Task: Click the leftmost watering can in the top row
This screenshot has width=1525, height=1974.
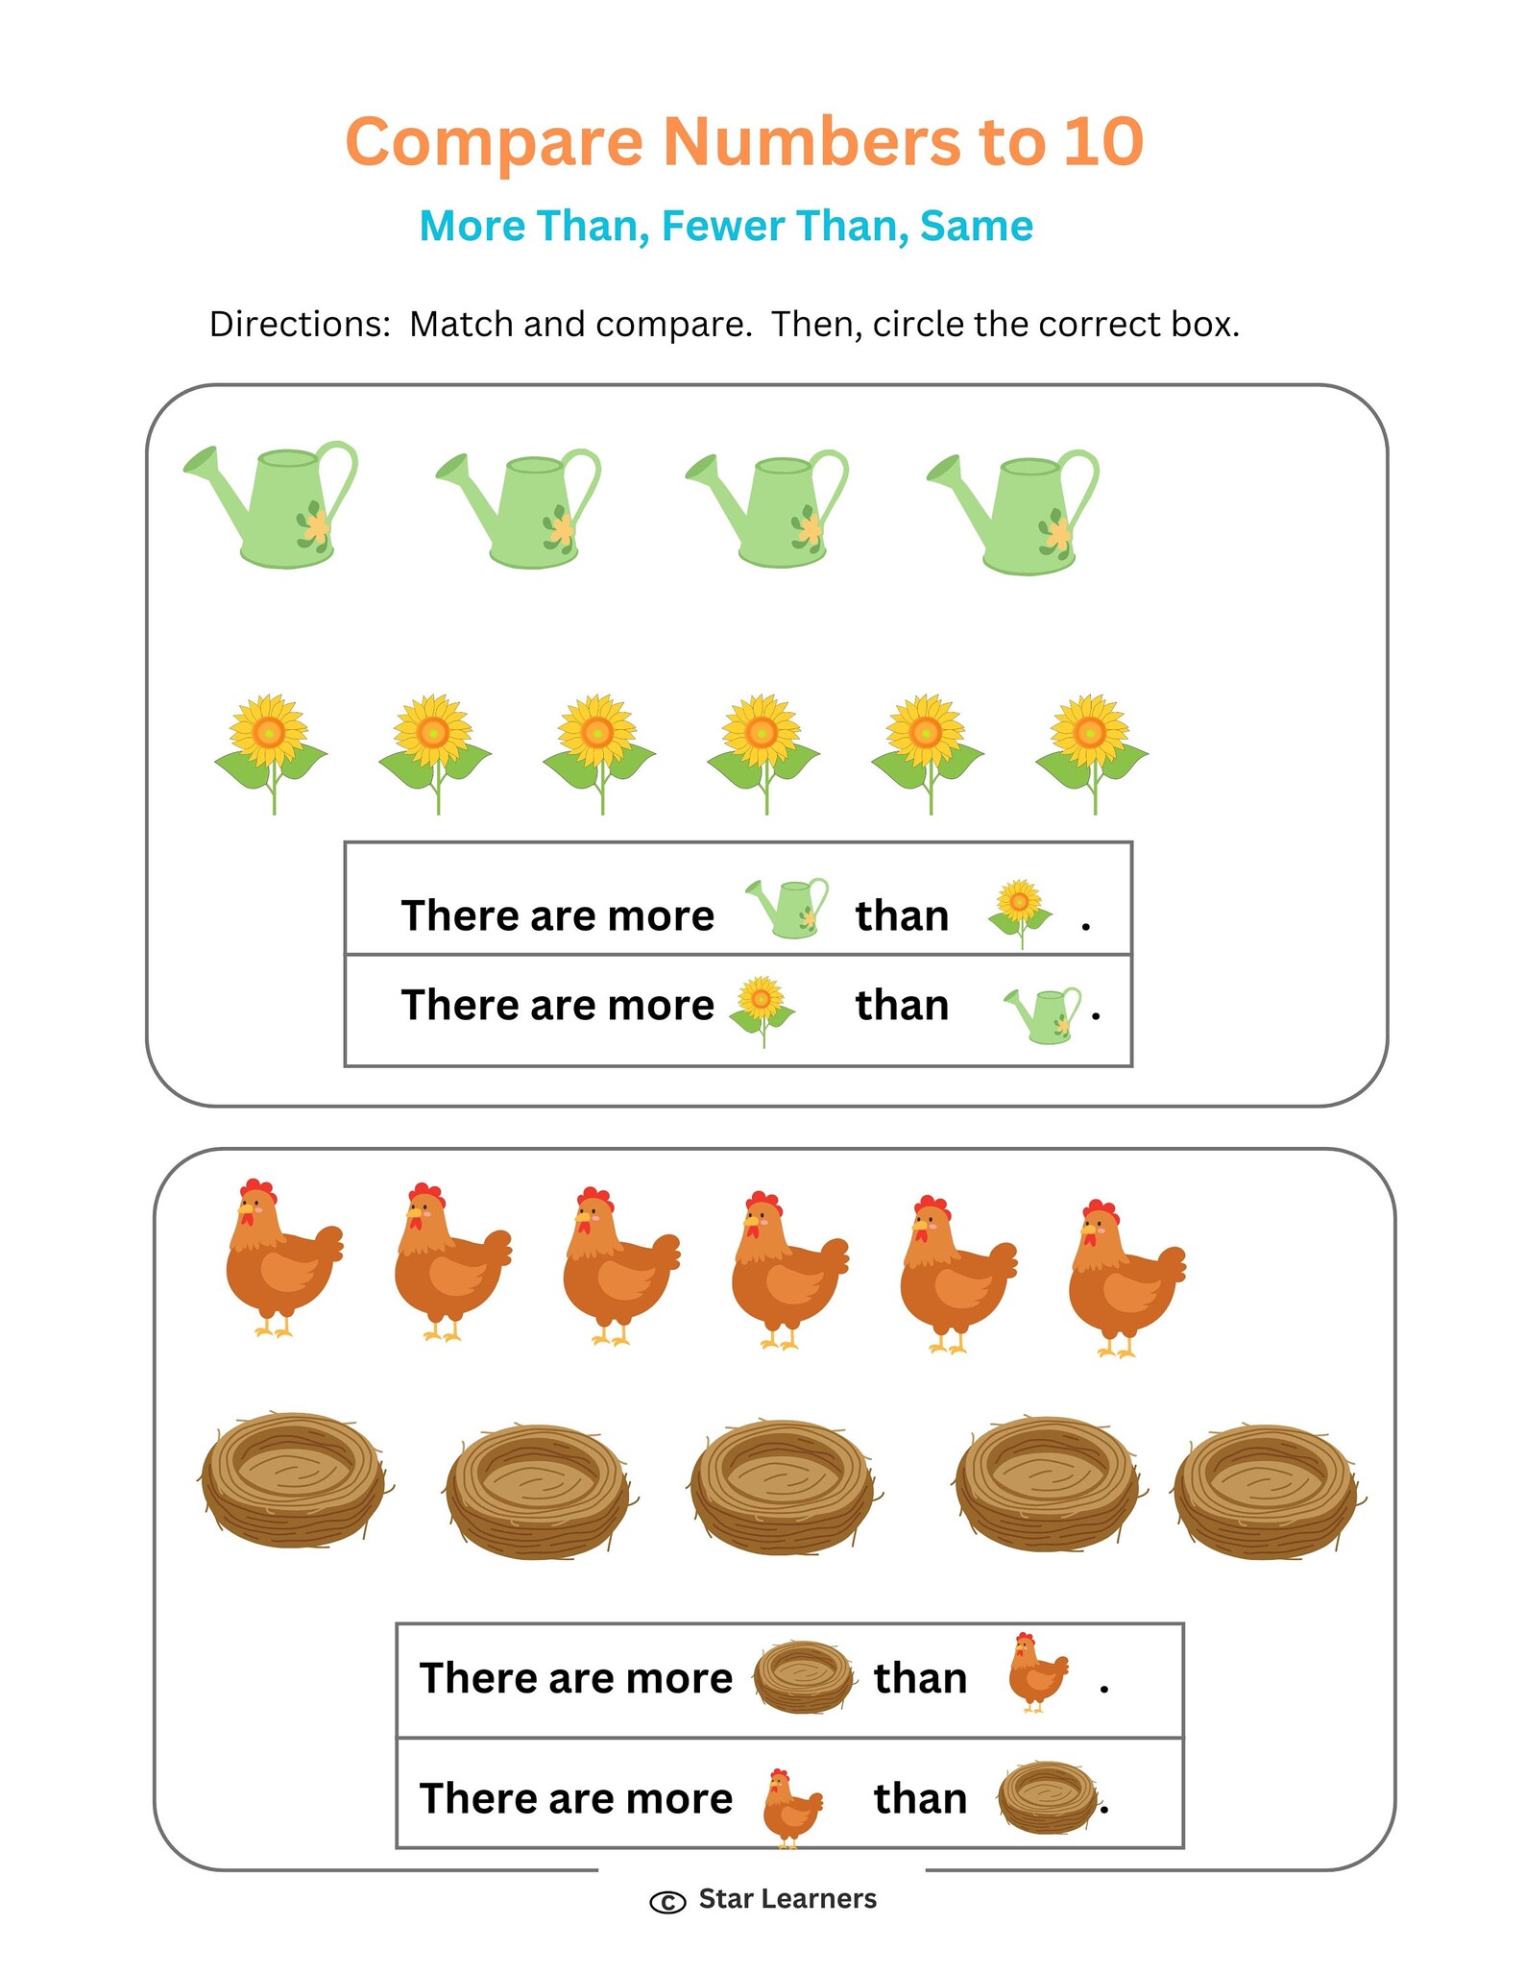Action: tap(272, 504)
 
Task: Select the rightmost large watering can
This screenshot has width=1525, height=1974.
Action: tap(1013, 513)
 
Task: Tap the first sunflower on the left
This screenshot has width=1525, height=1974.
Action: tap(271, 753)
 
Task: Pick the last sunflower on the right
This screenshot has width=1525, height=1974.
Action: tap(1092, 753)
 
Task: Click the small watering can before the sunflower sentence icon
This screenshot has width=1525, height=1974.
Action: tap(787, 907)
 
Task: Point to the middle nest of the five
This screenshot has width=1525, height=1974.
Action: tap(784, 1487)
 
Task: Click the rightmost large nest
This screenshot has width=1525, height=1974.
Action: tap(1268, 1491)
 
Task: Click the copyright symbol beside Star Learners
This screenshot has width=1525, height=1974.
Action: tap(668, 1902)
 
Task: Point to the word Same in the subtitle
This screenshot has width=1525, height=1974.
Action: tap(976, 226)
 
